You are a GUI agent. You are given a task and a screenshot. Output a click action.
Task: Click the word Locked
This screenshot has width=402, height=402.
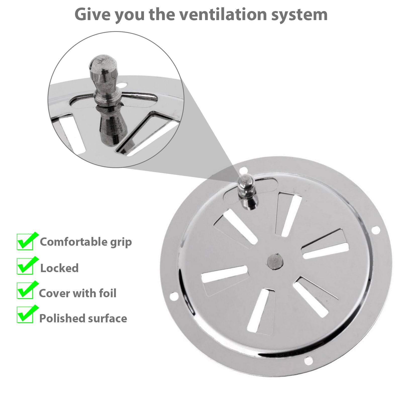60,268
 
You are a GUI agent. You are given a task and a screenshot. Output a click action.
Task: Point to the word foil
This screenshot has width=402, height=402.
108,293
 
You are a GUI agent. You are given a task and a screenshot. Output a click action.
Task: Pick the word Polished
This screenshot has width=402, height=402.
59,318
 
